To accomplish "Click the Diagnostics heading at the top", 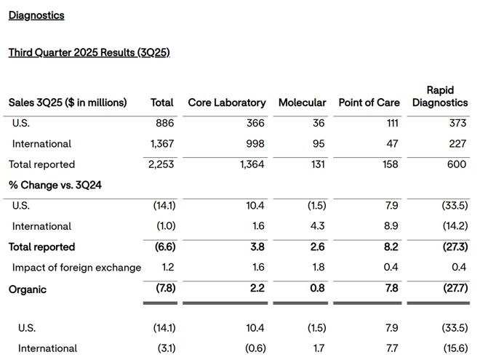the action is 36,15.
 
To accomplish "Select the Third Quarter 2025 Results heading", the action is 89,52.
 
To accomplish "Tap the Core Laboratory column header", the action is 227,103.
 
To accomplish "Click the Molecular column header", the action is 302,103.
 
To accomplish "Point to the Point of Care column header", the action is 369,103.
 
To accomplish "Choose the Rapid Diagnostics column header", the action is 440,96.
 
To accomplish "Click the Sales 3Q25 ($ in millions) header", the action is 68,103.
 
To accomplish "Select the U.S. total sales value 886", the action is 164,123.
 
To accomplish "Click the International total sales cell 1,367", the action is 162,143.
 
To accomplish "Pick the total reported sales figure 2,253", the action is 161,164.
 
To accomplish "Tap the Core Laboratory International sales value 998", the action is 255,143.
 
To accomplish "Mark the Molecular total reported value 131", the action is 318,164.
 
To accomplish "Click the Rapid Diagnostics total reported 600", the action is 457,164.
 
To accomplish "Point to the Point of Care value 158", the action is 391,164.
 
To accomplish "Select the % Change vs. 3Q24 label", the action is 55,185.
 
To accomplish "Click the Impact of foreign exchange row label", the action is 76,267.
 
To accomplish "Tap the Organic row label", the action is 28,289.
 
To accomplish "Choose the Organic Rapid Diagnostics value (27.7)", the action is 455,288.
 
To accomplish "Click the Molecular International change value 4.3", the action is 317,226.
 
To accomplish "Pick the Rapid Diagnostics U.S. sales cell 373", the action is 457,123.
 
